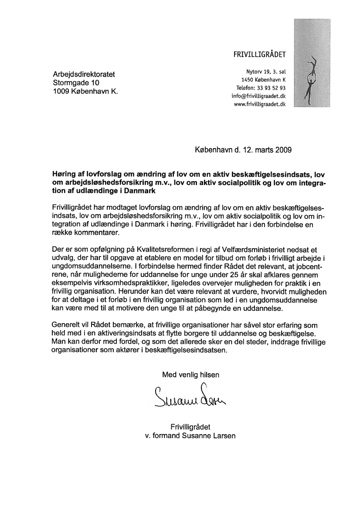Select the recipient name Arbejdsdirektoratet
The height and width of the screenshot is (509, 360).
(84, 74)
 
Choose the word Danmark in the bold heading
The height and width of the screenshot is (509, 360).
(138, 191)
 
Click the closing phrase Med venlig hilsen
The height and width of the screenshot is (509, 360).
(191, 374)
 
